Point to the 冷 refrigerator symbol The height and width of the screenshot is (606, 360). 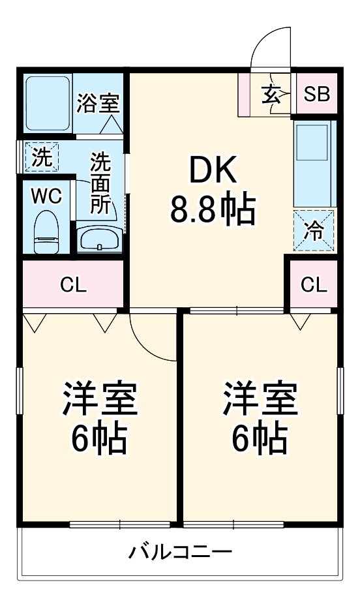(314, 232)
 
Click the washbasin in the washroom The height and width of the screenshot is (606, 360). (99, 239)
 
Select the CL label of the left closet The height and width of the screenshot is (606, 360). (73, 284)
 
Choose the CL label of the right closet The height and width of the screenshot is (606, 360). (314, 284)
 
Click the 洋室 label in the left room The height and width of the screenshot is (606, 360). (100, 400)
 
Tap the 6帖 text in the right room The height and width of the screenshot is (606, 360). (260, 438)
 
